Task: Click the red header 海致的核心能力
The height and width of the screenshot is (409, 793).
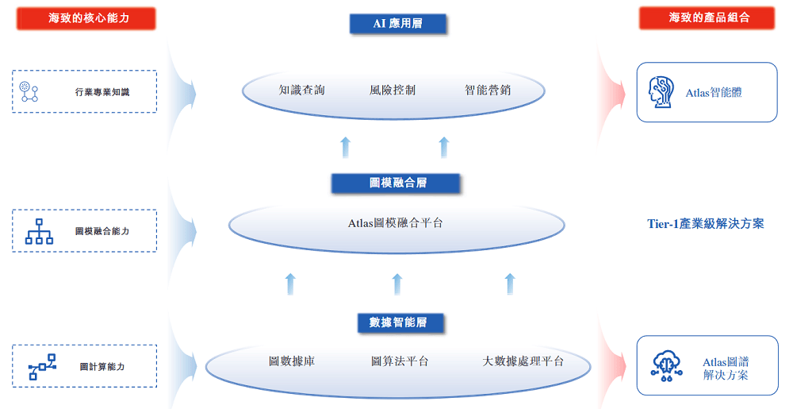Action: (x=86, y=18)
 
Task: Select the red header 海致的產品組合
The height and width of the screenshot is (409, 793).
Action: (x=707, y=18)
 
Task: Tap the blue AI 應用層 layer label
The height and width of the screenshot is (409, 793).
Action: (x=398, y=24)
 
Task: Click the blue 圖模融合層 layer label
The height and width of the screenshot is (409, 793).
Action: (x=396, y=183)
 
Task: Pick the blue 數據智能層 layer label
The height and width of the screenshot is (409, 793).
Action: (x=400, y=322)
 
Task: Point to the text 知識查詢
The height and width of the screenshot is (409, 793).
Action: (x=302, y=90)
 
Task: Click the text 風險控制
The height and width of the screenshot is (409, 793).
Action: (x=393, y=90)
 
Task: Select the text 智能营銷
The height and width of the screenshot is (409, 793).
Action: (x=488, y=90)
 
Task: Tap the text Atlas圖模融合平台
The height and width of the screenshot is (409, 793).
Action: (x=396, y=223)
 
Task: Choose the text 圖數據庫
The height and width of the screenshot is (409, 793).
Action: (x=292, y=361)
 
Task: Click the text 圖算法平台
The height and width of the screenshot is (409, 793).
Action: (x=400, y=361)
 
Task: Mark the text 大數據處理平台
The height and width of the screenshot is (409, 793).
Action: (x=523, y=361)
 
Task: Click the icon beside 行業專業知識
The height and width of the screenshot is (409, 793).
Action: (x=29, y=91)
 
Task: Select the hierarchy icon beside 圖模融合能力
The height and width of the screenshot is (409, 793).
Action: (x=40, y=232)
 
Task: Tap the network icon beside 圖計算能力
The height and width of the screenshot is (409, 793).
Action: (x=42, y=366)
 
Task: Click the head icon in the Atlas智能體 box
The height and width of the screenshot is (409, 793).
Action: (x=661, y=92)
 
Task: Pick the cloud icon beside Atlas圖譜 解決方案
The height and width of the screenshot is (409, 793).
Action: (x=667, y=366)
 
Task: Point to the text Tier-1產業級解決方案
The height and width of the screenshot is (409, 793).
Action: (x=706, y=224)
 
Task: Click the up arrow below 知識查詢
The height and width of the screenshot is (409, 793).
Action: (x=346, y=147)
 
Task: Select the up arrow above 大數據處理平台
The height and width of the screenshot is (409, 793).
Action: (x=510, y=284)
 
